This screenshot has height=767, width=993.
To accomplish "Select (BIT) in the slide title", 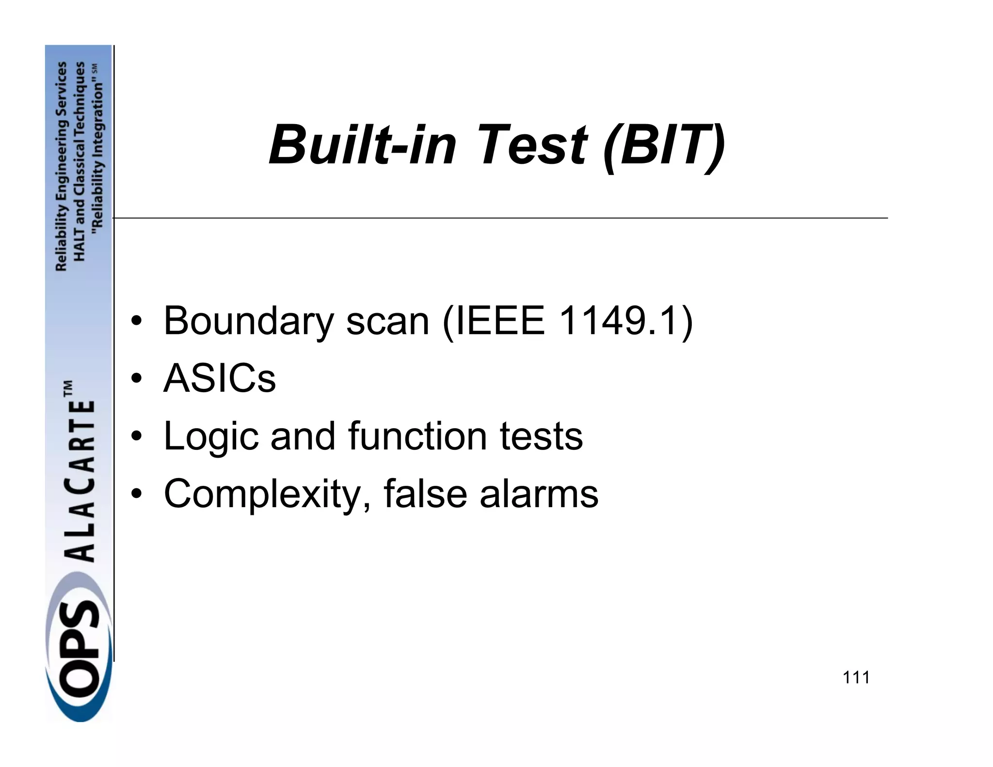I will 665,145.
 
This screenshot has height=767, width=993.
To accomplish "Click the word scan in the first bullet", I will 387,321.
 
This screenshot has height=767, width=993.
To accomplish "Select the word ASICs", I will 220,379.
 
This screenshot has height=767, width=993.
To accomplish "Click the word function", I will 417,436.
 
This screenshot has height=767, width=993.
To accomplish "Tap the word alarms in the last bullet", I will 539,494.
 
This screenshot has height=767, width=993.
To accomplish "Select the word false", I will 425,494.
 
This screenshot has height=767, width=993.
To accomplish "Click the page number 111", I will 856,677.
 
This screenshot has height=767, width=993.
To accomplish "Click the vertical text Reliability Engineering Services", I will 62,166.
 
